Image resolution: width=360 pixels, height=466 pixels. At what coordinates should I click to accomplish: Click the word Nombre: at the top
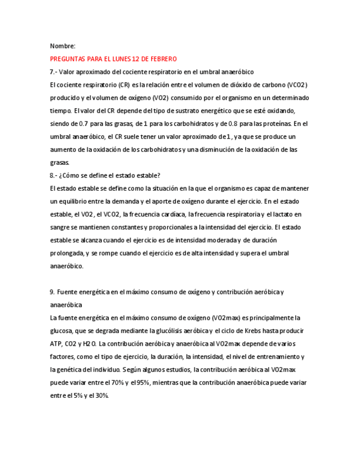tap(63, 46)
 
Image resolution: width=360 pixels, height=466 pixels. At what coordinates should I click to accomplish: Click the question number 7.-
tap(53, 71)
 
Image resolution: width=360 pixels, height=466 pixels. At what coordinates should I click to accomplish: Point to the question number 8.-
tap(53, 175)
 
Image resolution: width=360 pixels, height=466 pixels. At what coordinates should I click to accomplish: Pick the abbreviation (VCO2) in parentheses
tap(297, 85)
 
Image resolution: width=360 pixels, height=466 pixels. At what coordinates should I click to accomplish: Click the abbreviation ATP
tap(56, 344)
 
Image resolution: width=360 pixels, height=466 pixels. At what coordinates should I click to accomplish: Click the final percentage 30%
tap(101, 396)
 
